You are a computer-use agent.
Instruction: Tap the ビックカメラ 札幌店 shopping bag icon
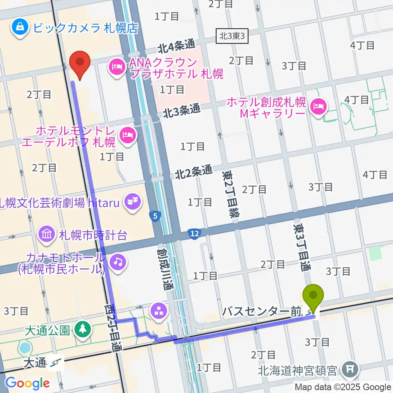tap(19, 28)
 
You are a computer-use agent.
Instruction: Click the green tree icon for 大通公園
tap(83, 330)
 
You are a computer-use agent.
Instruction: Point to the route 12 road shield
tap(194, 234)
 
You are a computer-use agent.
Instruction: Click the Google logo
tap(27, 383)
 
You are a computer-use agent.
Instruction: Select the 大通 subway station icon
tap(56, 362)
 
